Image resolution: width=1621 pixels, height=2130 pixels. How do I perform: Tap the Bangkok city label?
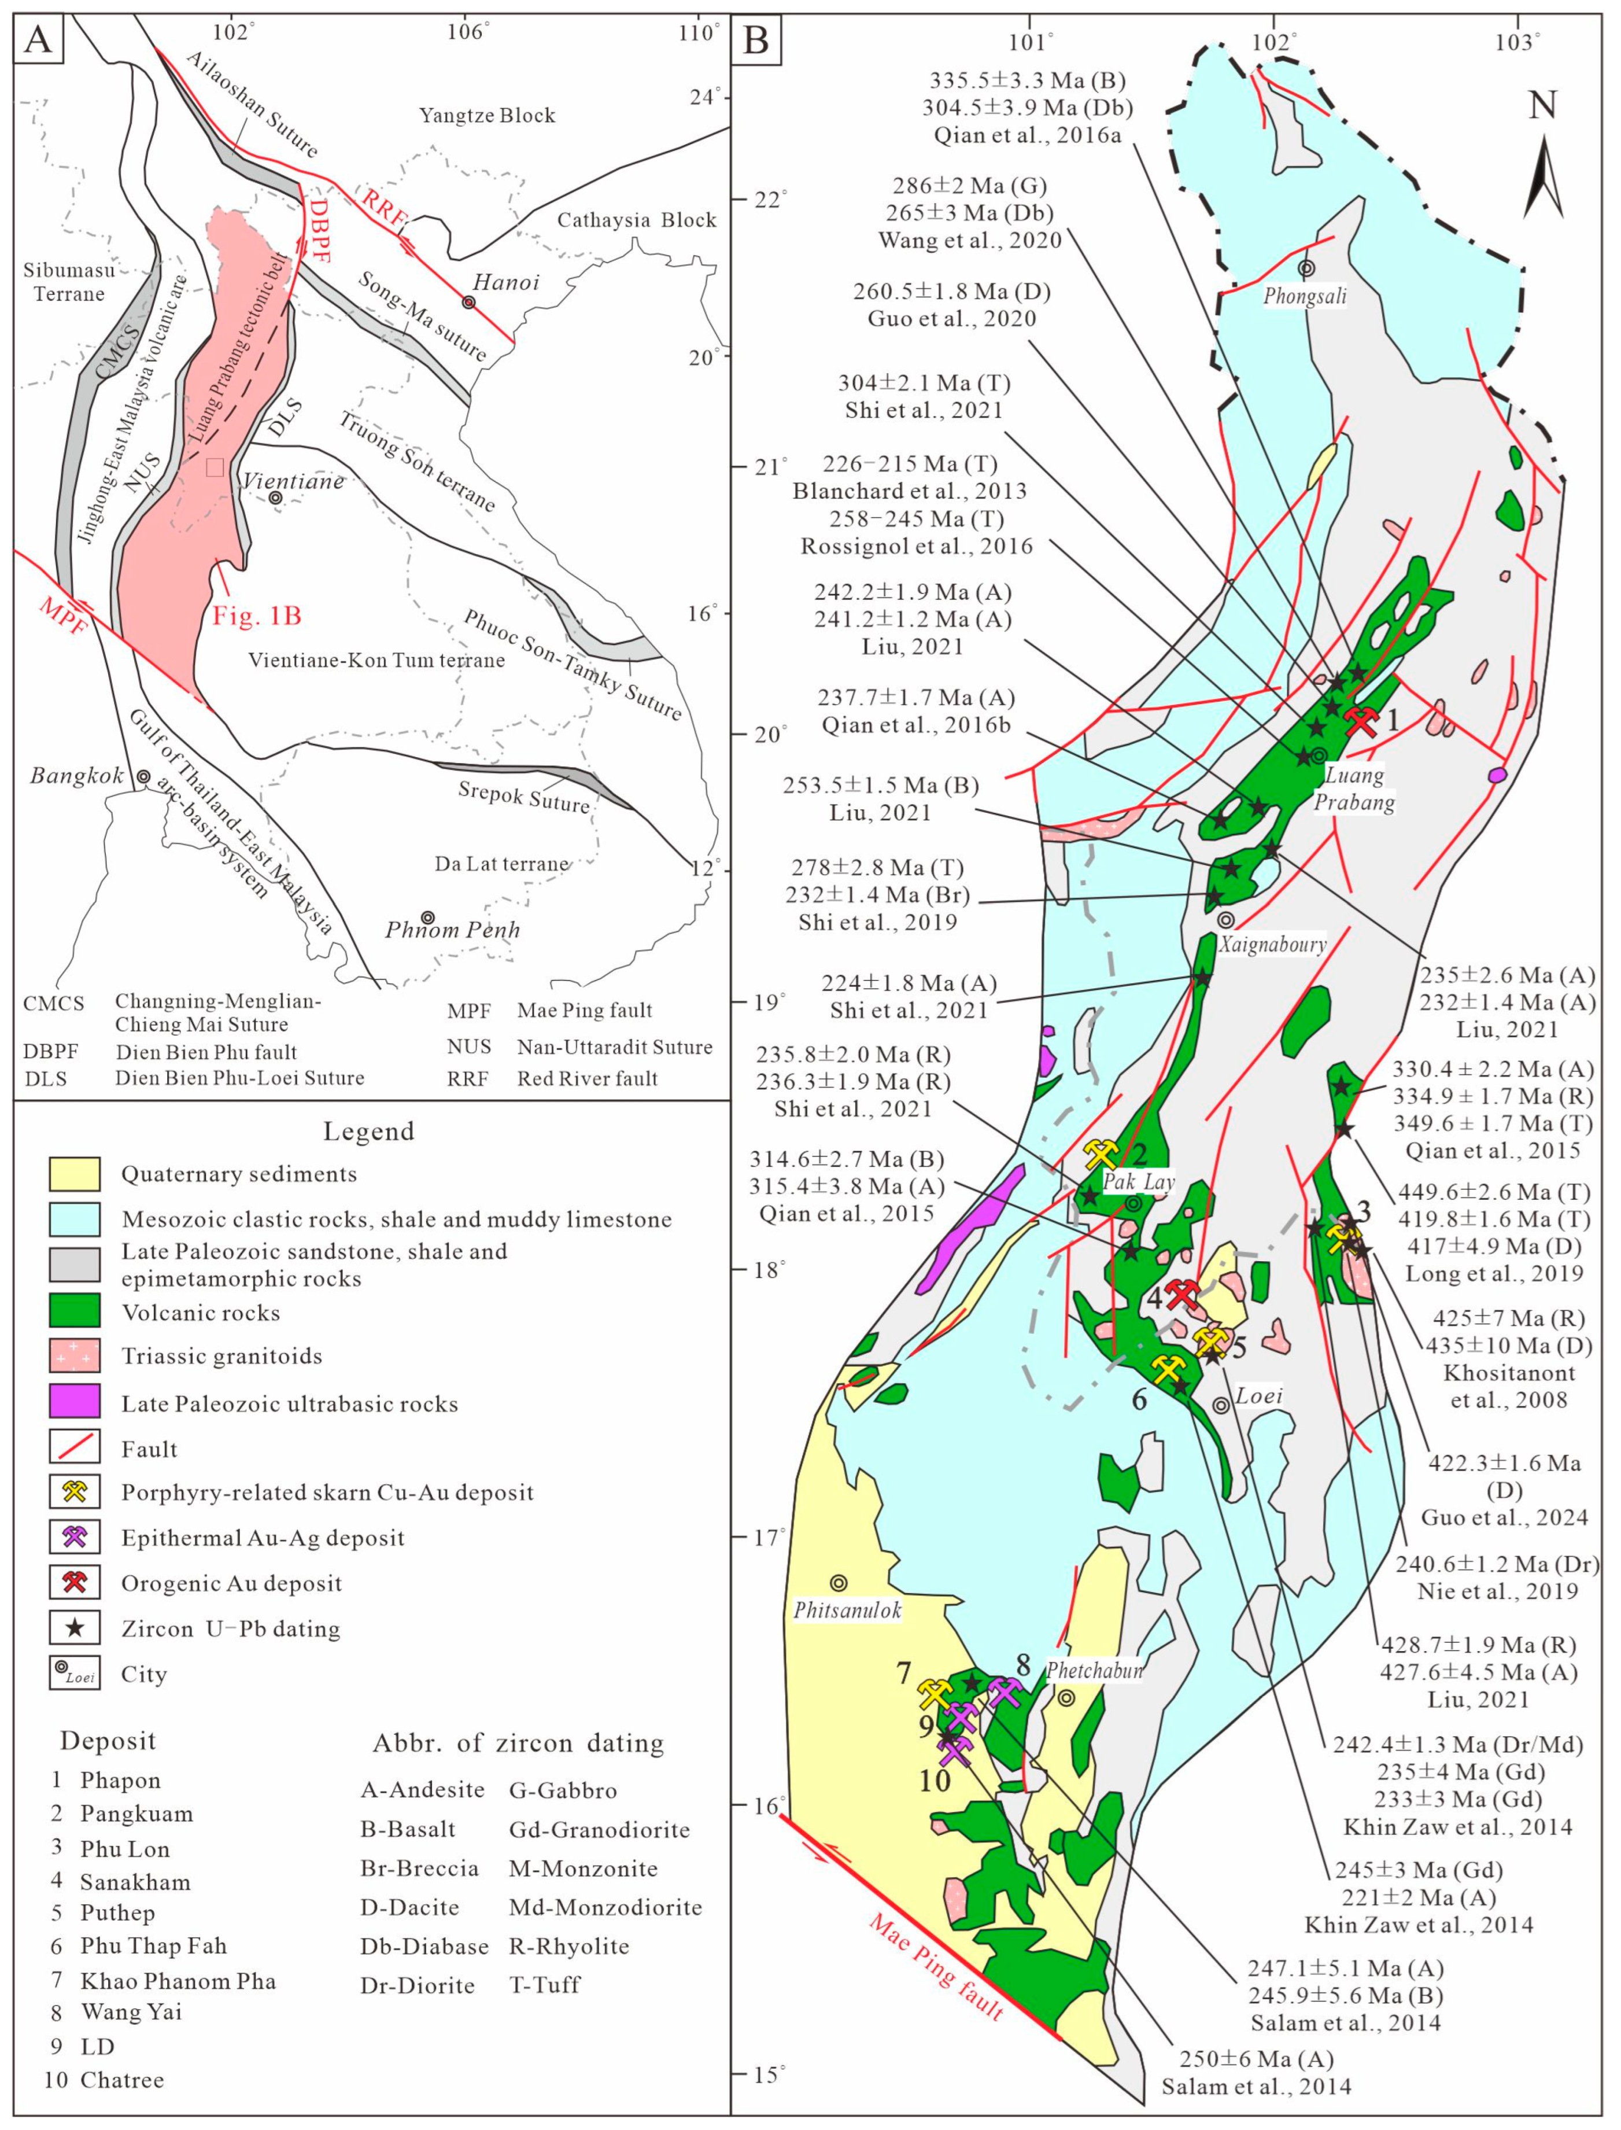click(x=76, y=775)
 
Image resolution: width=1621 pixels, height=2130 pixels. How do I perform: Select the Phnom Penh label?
click(x=453, y=930)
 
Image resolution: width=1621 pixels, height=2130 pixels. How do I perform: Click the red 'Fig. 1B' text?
click(x=257, y=615)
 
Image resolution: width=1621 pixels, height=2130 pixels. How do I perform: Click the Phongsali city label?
click(x=1305, y=296)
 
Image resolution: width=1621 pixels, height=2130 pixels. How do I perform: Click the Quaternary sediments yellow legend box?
click(x=74, y=1174)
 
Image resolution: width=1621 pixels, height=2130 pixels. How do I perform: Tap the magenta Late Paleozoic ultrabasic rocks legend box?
click(x=74, y=1402)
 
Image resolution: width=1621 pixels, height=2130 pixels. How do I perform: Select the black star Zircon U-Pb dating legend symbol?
click(x=74, y=1628)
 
